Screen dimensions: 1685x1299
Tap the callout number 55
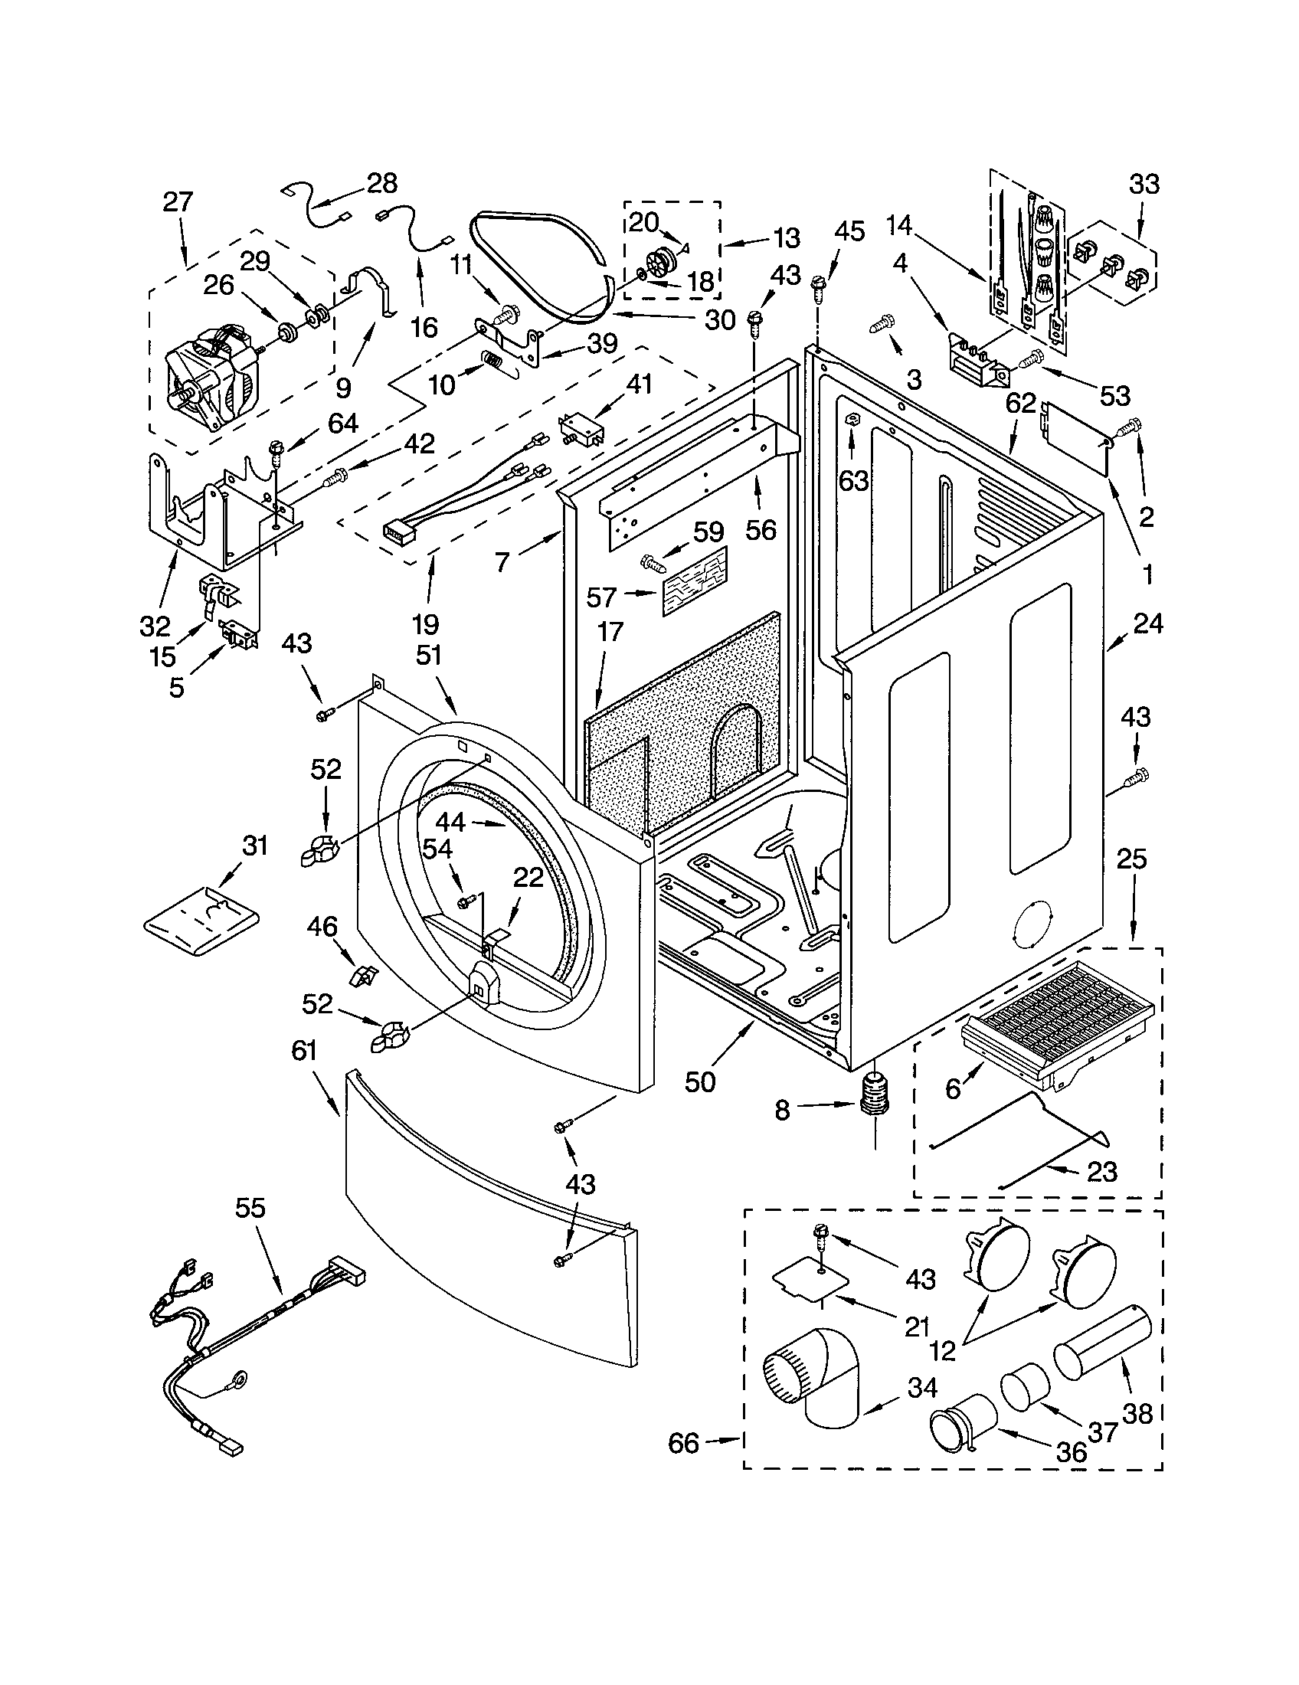[249, 1208]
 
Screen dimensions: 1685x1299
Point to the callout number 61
[304, 1051]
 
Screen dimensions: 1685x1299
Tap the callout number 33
[1144, 185]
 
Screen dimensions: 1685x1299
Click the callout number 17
[610, 633]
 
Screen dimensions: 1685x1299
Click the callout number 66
[683, 1442]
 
